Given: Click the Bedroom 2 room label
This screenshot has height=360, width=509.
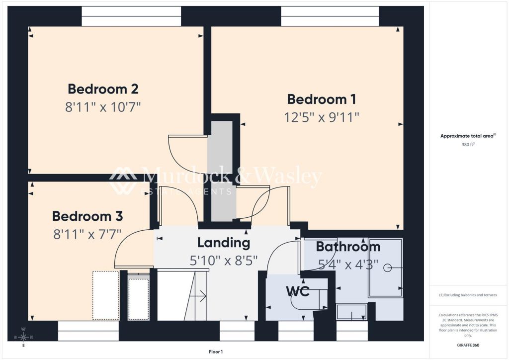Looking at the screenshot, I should click(103, 89).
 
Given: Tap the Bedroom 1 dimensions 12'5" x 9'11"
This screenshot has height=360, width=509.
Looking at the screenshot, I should click(322, 117).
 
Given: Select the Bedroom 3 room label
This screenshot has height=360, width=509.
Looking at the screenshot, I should click(87, 216).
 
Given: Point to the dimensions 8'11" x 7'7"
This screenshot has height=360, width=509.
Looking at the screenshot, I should click(87, 234).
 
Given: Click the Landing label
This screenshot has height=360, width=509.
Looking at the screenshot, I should click(223, 243).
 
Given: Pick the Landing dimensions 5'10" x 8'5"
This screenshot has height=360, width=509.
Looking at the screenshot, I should click(223, 260).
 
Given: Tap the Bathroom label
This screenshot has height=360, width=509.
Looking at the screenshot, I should click(348, 247).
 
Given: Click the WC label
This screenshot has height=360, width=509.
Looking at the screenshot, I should click(297, 291).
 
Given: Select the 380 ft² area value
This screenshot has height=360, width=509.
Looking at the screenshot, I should click(468, 145).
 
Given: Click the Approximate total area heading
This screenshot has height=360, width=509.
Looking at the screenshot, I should click(468, 136).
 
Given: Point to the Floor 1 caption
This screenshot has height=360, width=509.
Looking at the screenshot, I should click(216, 352).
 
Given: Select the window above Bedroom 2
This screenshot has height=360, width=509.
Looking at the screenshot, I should click(131, 16).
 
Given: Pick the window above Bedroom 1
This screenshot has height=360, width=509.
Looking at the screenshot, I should click(330, 16).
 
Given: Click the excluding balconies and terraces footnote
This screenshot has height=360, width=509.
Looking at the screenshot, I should click(468, 295).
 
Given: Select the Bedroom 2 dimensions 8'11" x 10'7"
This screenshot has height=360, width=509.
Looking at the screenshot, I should click(103, 107).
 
